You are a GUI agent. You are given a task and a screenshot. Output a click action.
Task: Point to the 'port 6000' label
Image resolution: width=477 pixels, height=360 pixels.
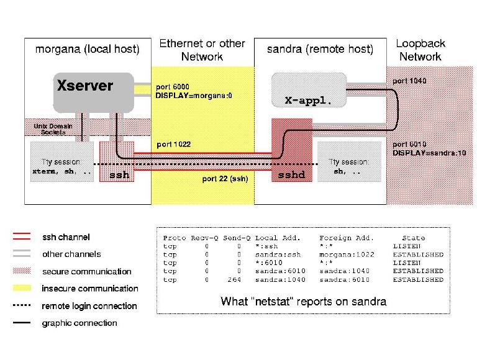(x=173, y=86)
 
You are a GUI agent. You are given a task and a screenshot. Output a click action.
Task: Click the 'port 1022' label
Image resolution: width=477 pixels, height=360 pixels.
(x=173, y=144)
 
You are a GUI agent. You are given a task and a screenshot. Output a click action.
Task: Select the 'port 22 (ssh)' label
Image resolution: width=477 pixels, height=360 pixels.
(x=225, y=179)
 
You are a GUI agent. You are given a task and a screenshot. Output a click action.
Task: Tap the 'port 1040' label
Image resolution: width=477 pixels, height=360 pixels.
(x=409, y=81)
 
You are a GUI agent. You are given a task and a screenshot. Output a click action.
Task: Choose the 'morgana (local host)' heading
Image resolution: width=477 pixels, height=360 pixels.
(x=87, y=48)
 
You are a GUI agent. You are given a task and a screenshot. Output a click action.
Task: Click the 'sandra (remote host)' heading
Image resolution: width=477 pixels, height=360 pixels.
(x=320, y=48)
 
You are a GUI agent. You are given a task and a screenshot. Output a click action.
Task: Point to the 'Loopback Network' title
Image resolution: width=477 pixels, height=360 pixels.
(x=420, y=50)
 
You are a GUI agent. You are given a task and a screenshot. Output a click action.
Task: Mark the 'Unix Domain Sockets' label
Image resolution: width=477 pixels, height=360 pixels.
(x=53, y=129)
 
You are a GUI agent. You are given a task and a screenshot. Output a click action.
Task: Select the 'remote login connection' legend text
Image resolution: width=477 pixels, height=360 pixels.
(x=89, y=306)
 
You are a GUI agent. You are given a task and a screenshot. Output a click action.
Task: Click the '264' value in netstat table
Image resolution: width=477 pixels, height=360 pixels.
(x=235, y=279)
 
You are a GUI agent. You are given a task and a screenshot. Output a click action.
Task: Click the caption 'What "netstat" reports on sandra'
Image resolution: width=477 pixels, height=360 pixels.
(x=304, y=302)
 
